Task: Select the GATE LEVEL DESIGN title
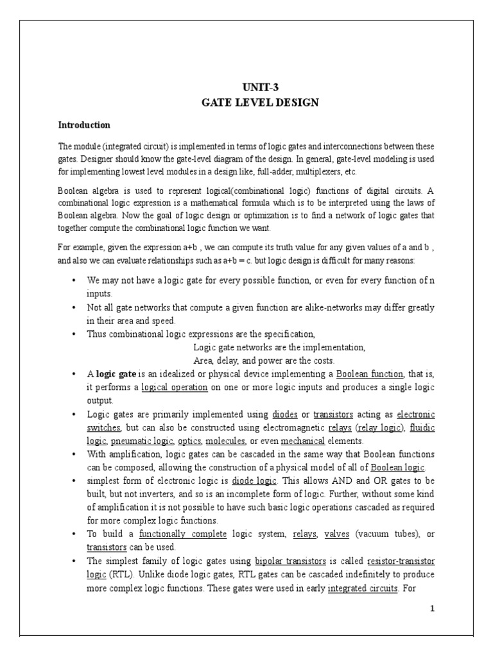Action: pos(261,103)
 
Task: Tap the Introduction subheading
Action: pos(84,124)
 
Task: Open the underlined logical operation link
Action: pos(175,388)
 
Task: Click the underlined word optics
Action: pos(189,441)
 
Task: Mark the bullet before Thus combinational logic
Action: pos(75,334)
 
